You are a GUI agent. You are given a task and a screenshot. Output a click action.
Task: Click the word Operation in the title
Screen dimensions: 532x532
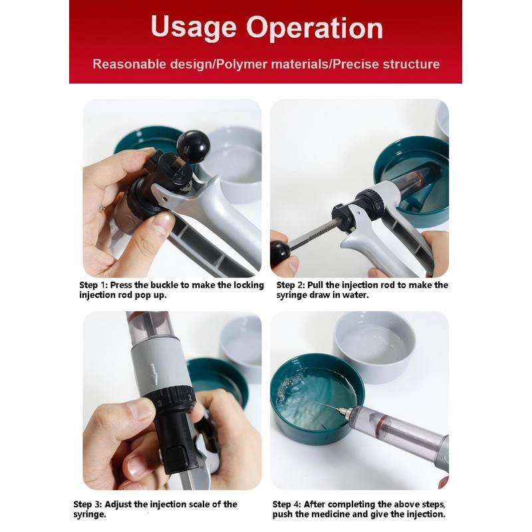(315, 27)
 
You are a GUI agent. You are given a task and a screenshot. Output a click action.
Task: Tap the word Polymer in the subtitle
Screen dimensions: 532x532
(242, 65)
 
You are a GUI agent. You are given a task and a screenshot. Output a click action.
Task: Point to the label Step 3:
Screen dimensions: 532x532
(88, 505)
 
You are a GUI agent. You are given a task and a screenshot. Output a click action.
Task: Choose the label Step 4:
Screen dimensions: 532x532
(287, 505)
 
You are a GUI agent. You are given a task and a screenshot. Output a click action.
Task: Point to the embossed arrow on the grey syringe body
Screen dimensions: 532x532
(154, 374)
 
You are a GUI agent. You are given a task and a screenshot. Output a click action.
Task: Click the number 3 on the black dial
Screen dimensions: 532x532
(160, 404)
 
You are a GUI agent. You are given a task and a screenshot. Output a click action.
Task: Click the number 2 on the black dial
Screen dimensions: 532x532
(190, 398)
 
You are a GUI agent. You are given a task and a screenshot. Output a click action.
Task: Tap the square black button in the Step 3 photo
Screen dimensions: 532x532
(176, 457)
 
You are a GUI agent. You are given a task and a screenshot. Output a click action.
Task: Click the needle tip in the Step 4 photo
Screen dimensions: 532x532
(325, 405)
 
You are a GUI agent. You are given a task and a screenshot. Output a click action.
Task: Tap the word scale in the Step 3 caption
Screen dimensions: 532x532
(198, 505)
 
